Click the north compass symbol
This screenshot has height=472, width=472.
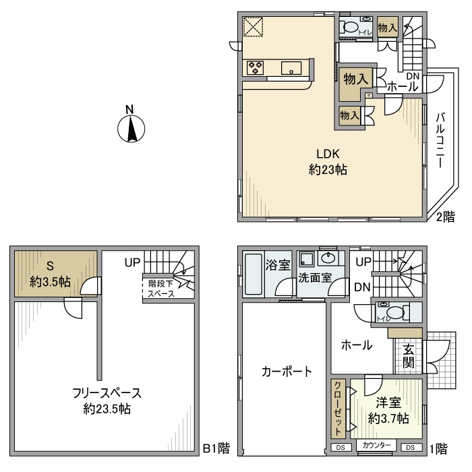131,128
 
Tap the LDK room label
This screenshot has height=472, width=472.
328,161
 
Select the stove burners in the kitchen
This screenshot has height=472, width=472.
256,67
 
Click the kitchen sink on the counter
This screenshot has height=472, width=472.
291,67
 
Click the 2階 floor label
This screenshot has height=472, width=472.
444,217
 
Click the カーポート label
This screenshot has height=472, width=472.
287,370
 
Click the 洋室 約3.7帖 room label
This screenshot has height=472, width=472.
388,411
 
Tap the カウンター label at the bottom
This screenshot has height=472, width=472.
377,446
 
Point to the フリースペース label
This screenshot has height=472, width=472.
107,401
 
